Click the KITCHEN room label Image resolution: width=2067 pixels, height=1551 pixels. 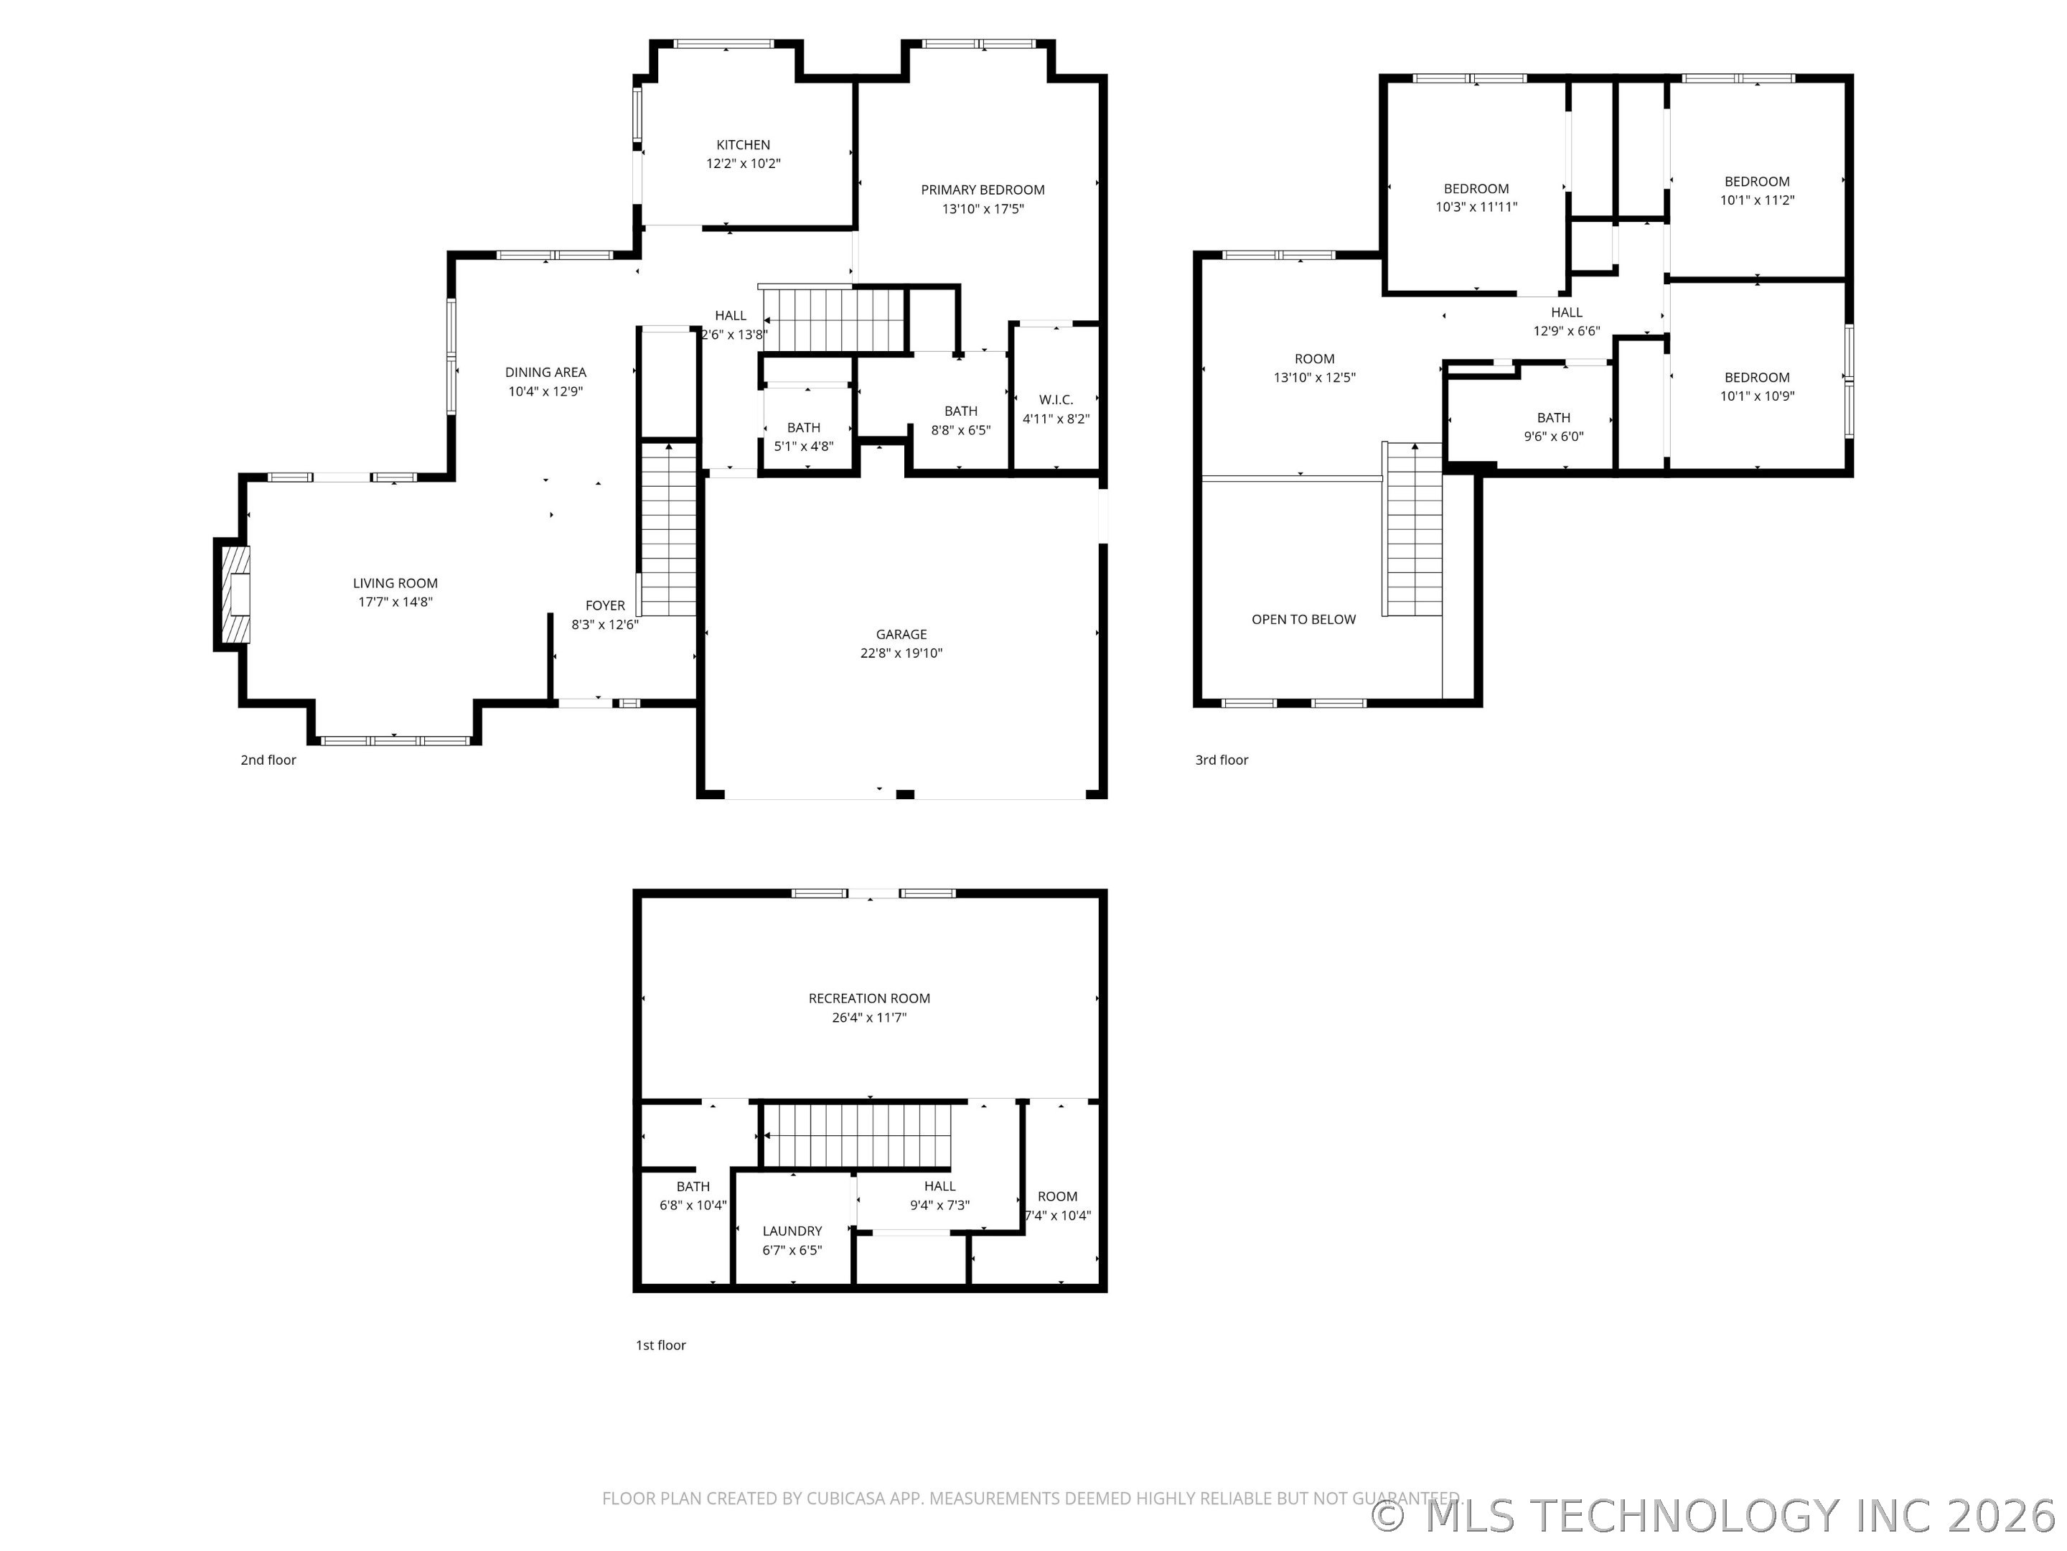pyautogui.click(x=743, y=145)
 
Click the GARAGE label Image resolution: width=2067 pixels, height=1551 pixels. pyautogui.click(x=901, y=634)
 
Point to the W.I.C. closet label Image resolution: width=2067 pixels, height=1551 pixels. pyautogui.click(x=1056, y=400)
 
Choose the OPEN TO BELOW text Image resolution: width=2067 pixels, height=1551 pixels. pyautogui.click(x=1303, y=619)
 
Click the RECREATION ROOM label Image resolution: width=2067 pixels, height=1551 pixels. pyautogui.click(x=869, y=999)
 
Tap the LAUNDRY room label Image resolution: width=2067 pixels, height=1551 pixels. pyautogui.click(x=792, y=1231)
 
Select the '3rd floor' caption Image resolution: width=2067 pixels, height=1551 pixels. pyautogui.click(x=1222, y=760)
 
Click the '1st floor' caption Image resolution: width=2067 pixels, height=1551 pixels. pyautogui.click(x=661, y=1346)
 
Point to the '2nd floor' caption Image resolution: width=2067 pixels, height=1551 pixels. pyautogui.click(x=268, y=760)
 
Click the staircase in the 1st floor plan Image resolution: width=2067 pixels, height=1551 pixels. pyautogui.click(x=858, y=1136)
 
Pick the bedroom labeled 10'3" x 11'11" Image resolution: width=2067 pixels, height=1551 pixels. pyautogui.click(x=1476, y=198)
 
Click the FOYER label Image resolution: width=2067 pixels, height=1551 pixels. pyautogui.click(x=604, y=606)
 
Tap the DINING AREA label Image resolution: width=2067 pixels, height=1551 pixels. pyautogui.click(x=545, y=372)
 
